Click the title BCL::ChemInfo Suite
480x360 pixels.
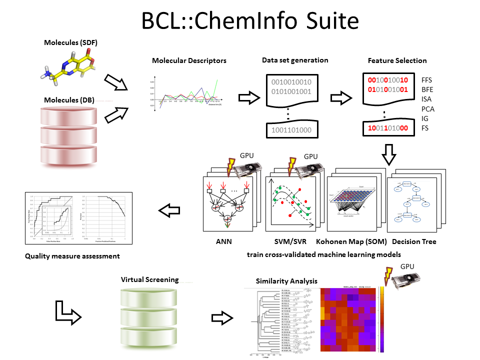click(240, 21)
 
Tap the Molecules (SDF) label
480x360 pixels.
click(71, 43)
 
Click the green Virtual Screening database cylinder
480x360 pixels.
click(150, 317)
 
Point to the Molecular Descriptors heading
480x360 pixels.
click(189, 61)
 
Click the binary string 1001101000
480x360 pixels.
click(291, 130)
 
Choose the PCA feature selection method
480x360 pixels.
click(428, 108)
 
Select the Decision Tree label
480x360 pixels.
click(411, 242)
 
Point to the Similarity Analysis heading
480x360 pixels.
click(286, 281)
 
